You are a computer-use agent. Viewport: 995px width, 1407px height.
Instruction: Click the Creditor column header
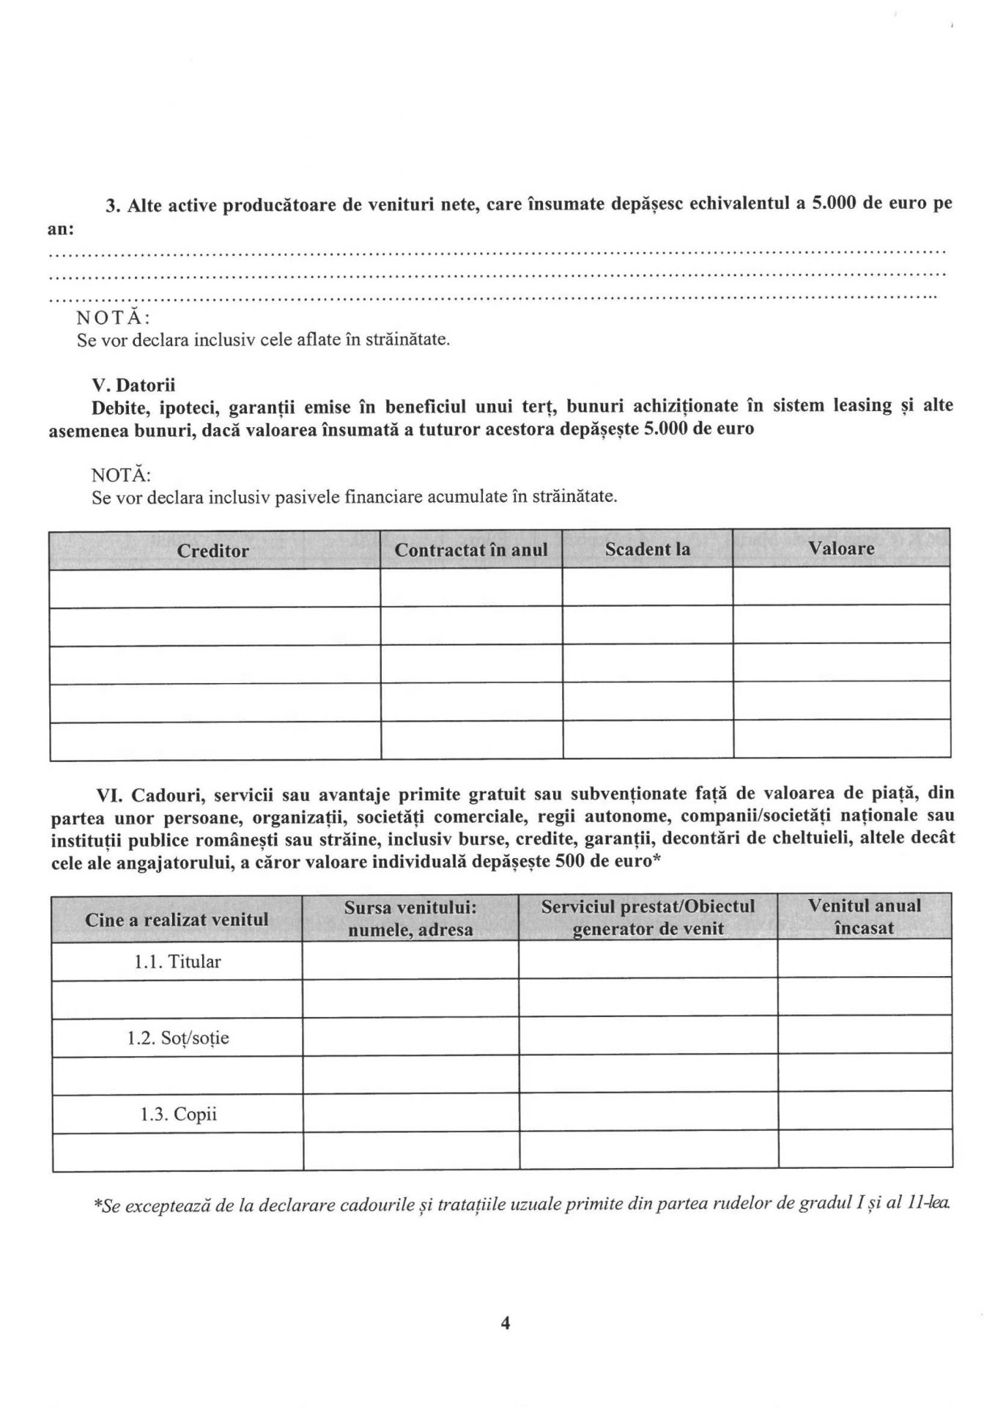tap(212, 550)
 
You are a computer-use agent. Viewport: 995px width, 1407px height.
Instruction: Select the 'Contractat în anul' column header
tap(471, 550)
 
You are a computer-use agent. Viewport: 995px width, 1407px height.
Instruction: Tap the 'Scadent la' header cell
tap(647, 549)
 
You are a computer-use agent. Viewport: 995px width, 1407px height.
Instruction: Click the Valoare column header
tap(841, 548)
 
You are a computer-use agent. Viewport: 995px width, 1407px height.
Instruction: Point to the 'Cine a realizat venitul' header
tap(177, 919)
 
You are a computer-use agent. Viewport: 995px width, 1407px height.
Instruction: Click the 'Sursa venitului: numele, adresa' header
tap(410, 918)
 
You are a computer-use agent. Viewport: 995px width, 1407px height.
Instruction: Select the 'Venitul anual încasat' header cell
tap(865, 916)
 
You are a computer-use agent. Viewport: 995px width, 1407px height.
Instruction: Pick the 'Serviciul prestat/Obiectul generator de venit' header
tap(648, 917)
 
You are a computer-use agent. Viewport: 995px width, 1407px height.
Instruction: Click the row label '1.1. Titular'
tap(177, 961)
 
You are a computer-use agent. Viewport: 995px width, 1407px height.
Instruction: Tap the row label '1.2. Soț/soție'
tap(177, 1038)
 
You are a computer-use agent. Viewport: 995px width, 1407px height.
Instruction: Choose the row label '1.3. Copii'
tap(178, 1115)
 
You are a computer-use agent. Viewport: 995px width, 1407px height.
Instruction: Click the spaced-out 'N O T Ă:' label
tap(114, 318)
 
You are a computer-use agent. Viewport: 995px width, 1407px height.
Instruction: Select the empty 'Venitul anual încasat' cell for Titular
tap(865, 959)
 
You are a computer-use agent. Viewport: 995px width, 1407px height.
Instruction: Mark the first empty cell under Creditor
tap(215, 588)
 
